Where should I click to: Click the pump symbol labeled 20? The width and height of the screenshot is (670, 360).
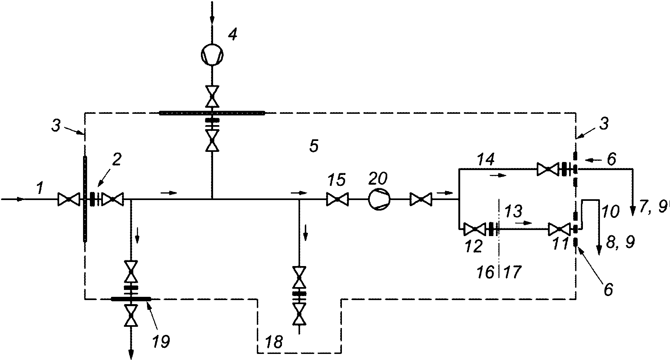[379, 199]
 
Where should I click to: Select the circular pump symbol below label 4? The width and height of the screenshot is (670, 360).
[212, 55]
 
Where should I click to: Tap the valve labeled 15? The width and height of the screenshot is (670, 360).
[337, 199]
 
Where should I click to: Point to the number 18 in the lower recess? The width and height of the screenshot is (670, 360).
[274, 342]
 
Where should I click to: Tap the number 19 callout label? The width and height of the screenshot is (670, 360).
[161, 341]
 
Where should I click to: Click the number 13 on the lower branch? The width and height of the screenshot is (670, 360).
[513, 211]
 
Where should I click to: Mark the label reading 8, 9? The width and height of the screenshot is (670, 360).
[620, 242]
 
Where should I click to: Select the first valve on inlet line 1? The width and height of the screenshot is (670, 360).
[68, 199]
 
